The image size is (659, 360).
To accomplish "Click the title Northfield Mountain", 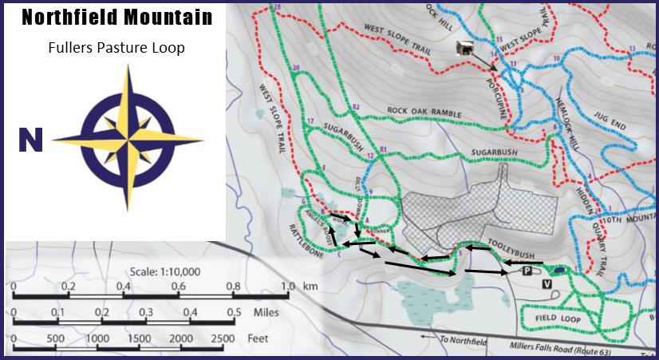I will [x=116, y=17].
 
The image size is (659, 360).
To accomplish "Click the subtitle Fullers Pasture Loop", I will [x=116, y=48].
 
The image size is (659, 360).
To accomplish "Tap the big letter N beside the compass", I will [x=30, y=140].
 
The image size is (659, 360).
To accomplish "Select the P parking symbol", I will [x=527, y=271].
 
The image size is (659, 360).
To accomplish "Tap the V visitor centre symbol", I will [x=547, y=283].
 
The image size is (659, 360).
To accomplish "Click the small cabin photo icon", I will [x=464, y=49].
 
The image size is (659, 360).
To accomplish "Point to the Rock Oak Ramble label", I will [x=424, y=113].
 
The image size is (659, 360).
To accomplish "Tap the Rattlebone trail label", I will [x=307, y=238].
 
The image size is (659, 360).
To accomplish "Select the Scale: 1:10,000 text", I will [x=165, y=271].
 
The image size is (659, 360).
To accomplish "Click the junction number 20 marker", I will [x=296, y=69].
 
